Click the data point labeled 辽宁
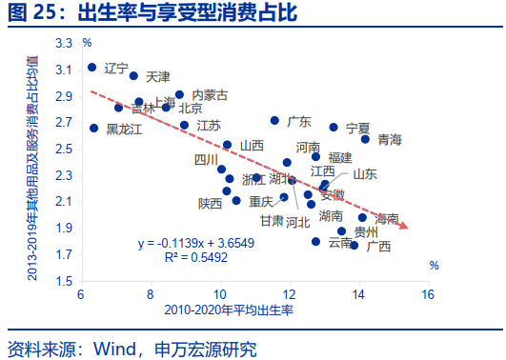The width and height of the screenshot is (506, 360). pyautogui.click(x=92, y=67)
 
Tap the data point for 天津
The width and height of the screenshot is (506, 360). pyautogui.click(x=133, y=75)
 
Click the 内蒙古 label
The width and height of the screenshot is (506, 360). pyautogui.click(x=210, y=95)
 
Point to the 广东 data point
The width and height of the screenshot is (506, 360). pyautogui.click(x=274, y=121)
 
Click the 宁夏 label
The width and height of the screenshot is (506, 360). pyautogui.click(x=357, y=127)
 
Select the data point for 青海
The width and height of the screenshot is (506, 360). pyautogui.click(x=365, y=139)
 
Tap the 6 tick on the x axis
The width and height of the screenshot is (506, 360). pyautogui.click(x=81, y=294)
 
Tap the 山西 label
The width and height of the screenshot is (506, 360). pyautogui.click(x=252, y=145)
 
